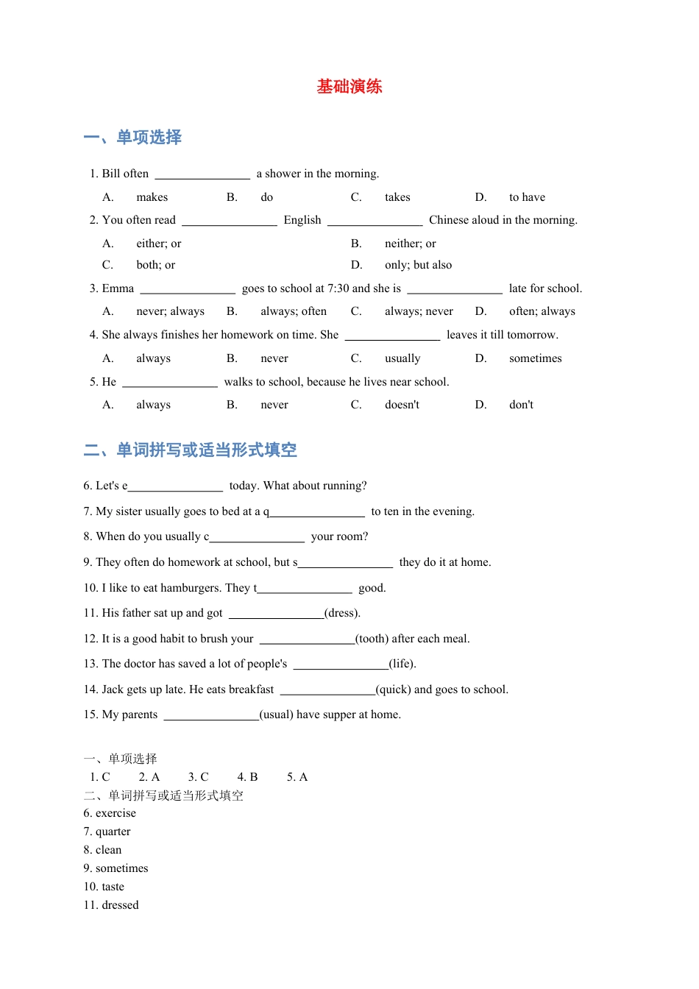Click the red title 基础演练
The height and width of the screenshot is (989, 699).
(x=349, y=87)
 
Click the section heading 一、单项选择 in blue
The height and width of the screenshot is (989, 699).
(x=132, y=138)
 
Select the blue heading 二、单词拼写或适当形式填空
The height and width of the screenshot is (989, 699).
(x=191, y=450)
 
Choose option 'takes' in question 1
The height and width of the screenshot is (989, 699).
(x=397, y=197)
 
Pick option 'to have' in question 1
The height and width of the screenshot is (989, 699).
(x=527, y=197)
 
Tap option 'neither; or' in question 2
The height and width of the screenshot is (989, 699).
(x=410, y=244)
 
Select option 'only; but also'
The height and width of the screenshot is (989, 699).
(x=418, y=265)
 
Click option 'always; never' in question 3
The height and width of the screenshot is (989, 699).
(x=419, y=311)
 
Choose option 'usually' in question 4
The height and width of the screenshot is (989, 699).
(x=402, y=358)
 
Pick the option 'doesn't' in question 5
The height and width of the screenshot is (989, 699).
(x=402, y=405)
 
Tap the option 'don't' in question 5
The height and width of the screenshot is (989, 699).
(x=521, y=405)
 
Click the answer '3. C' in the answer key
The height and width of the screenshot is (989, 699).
(x=198, y=777)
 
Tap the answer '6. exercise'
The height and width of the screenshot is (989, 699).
(x=110, y=813)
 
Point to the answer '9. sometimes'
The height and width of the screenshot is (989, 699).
(x=116, y=868)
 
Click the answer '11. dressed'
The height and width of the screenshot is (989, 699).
(x=111, y=905)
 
